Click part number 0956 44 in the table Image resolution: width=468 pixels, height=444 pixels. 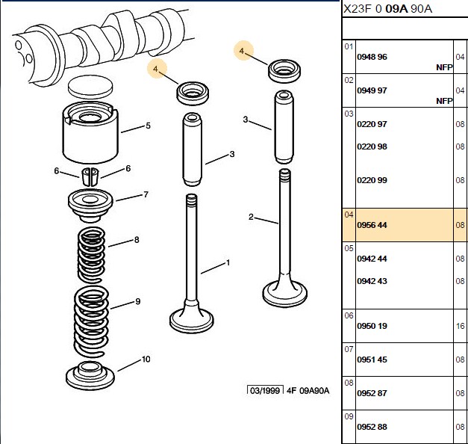coord(372,225)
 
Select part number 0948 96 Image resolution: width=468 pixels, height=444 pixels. coord(372,57)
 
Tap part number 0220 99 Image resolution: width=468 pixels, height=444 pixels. coord(372,180)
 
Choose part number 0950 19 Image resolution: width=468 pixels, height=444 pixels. coord(372,326)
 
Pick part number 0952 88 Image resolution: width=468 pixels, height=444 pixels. coord(372,427)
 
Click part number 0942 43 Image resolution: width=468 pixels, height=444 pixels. coord(372,281)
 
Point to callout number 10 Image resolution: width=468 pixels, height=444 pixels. coord(146,359)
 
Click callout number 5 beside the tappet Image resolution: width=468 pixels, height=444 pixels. coord(148,126)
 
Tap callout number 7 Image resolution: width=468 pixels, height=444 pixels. coord(146,194)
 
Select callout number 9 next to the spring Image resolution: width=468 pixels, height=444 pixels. coord(137,301)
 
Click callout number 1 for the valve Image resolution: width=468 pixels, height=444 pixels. coord(228,263)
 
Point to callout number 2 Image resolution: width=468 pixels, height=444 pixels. coord(251,217)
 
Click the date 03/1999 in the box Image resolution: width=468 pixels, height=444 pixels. coord(265,390)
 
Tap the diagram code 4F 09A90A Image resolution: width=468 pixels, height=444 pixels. coord(308,390)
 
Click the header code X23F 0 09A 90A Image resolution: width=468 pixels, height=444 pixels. coord(387,9)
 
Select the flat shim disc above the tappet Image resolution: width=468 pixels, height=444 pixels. coord(90,87)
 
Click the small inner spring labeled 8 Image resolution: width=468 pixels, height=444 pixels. coord(91,255)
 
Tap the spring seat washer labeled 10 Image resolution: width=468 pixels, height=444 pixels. coord(90,376)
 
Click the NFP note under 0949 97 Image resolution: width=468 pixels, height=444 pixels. coord(444,101)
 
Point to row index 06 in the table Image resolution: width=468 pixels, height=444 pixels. coord(349,315)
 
